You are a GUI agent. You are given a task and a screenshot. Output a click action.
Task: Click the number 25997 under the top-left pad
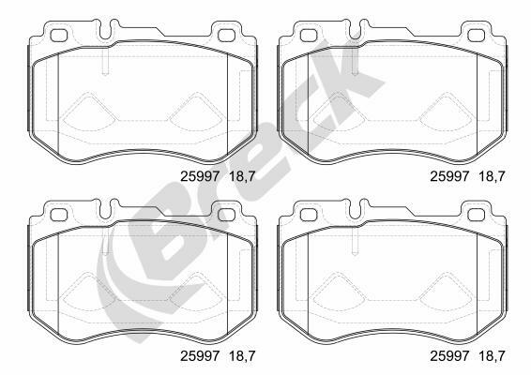pos(200,176)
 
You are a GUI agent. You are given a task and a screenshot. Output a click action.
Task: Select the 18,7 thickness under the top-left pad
pos(242,176)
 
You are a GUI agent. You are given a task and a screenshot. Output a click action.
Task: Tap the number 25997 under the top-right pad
pos(449,176)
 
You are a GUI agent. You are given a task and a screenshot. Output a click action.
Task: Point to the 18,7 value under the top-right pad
pos(492,176)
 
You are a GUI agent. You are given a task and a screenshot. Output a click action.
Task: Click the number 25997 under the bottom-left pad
pos(200,355)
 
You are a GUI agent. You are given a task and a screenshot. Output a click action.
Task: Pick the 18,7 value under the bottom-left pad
pos(242,356)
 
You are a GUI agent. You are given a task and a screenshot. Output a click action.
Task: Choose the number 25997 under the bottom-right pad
pos(449,355)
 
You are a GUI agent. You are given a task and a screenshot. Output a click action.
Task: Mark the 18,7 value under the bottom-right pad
pos(492,356)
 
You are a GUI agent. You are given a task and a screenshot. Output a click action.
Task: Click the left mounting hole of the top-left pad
pos(59,36)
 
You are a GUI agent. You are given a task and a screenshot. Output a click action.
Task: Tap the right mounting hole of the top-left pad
pos(226,36)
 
